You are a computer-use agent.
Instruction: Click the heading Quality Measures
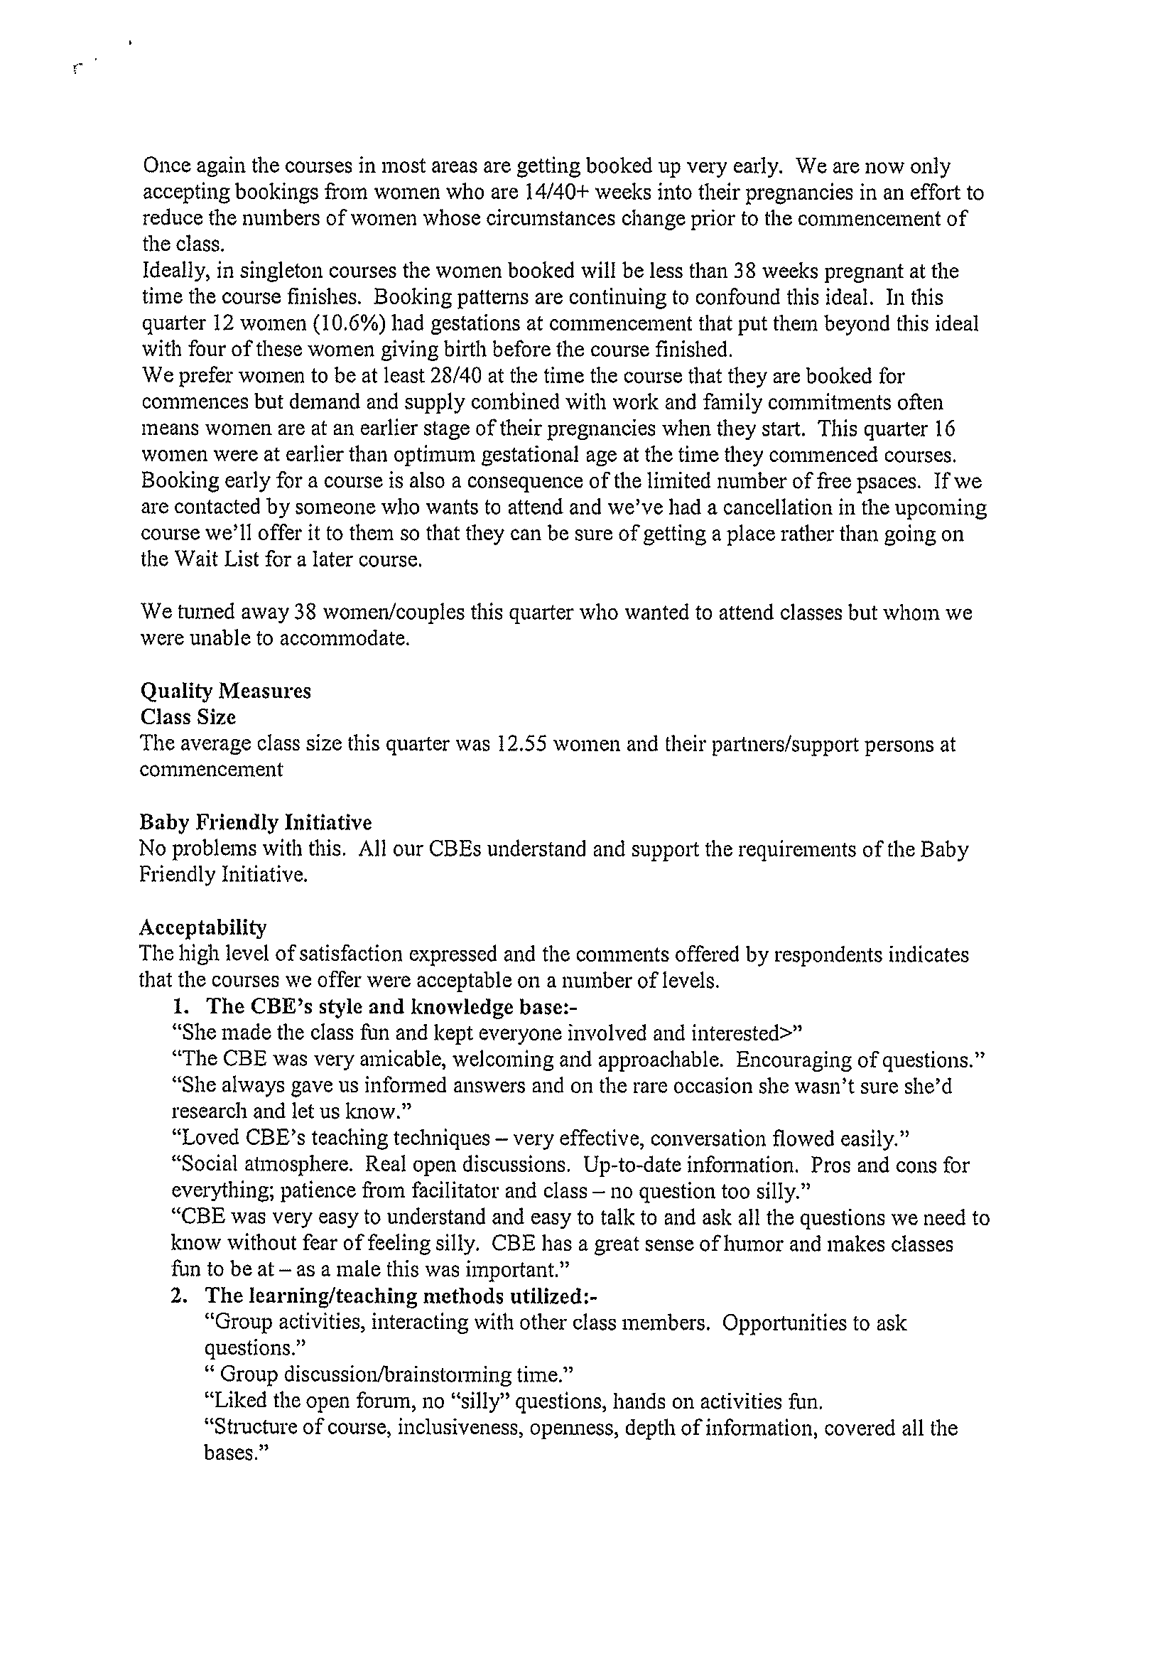pyautogui.click(x=225, y=691)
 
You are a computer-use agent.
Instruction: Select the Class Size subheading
pyautogui.click(x=188, y=717)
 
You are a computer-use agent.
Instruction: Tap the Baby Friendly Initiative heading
pyautogui.click(x=255, y=823)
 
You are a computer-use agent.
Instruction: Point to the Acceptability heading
pyautogui.click(x=202, y=928)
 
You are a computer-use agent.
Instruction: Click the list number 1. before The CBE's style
pyautogui.click(x=179, y=1007)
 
